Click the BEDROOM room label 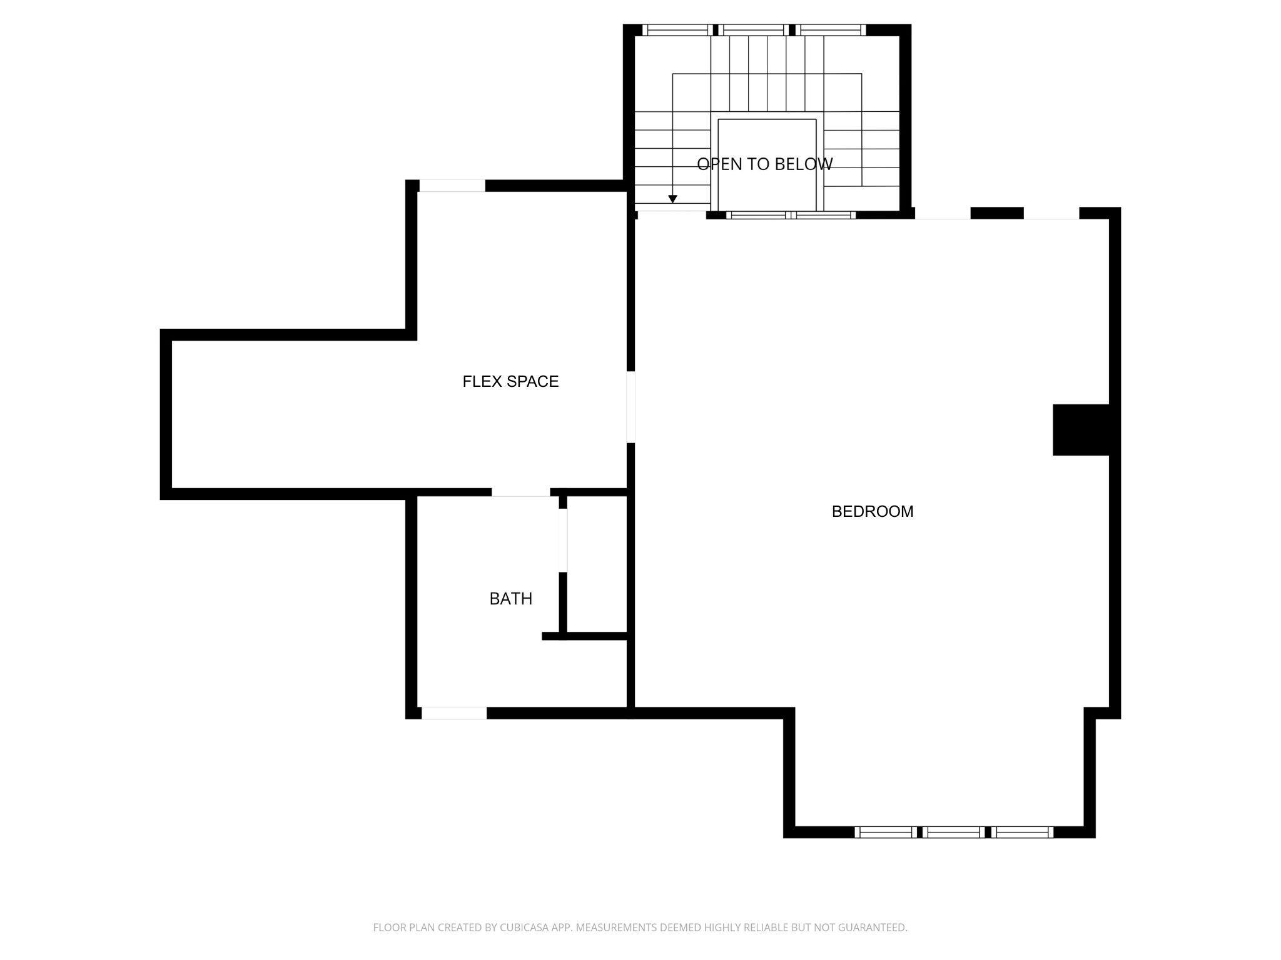point(873,511)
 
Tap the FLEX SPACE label point(510,381)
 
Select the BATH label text point(511,599)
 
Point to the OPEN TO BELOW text point(765,164)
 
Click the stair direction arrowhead point(673,199)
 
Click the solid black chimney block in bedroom point(1081,430)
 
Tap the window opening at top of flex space point(452,186)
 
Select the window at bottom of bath point(454,713)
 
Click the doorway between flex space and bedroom point(631,407)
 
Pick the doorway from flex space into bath point(521,492)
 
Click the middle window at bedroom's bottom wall point(953,832)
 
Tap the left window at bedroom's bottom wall point(886,832)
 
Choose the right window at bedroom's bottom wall point(1023,832)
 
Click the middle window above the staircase point(753,29)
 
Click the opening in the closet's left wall point(563,540)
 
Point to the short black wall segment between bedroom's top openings point(997,213)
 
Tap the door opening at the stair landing point(672,215)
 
